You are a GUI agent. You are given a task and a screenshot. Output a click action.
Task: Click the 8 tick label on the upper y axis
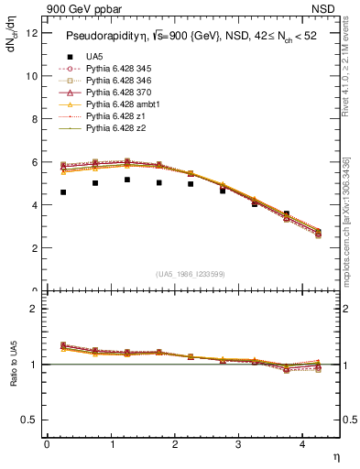pos(34,120)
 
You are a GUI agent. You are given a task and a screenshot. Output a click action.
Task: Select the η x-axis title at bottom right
pos(335,459)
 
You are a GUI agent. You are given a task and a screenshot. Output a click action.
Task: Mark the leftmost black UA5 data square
pos(63,192)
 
